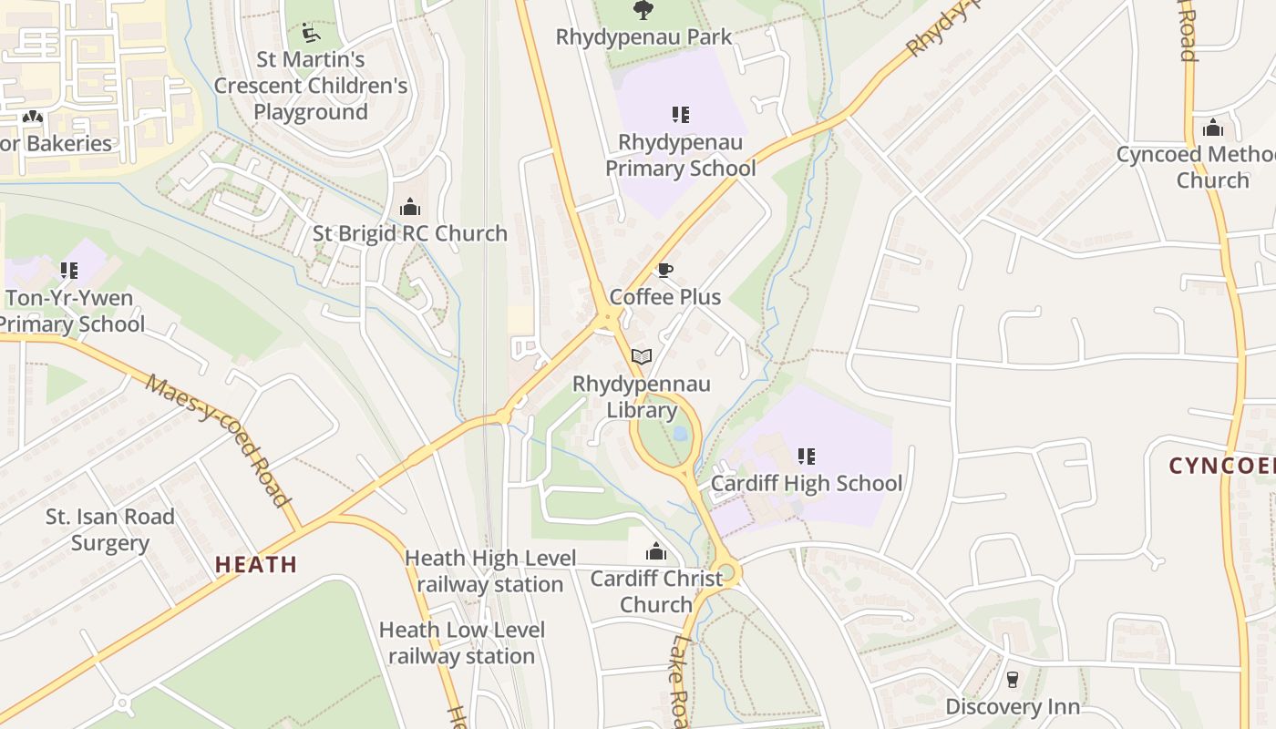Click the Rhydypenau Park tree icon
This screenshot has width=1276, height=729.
coord(643,10)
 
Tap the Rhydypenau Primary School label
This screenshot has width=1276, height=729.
coord(680,156)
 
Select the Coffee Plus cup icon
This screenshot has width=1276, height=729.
coord(664,270)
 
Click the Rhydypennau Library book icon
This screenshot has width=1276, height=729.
coord(642,356)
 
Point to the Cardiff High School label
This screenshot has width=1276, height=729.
coord(807,483)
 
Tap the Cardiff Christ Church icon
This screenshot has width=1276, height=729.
coord(655,551)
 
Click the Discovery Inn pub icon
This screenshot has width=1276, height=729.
coord(1012,679)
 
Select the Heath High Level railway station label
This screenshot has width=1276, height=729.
coord(490,570)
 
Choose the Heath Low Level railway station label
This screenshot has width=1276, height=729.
coord(462,642)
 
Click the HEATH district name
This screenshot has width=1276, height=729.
coord(256,565)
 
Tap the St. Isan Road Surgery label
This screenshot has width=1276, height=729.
coord(110,529)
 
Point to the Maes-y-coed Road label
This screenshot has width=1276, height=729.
coord(218,440)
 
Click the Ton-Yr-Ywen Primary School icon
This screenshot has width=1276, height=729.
coord(68,270)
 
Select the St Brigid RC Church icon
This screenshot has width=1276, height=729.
coord(410,207)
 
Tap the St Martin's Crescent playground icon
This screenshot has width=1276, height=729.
coord(311,34)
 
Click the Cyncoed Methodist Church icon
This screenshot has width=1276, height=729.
coord(1212,128)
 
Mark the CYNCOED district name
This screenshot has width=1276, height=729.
coord(1221,466)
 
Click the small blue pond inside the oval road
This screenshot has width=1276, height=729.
coord(680,434)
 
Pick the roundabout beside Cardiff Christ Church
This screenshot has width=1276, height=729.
coord(725,574)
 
